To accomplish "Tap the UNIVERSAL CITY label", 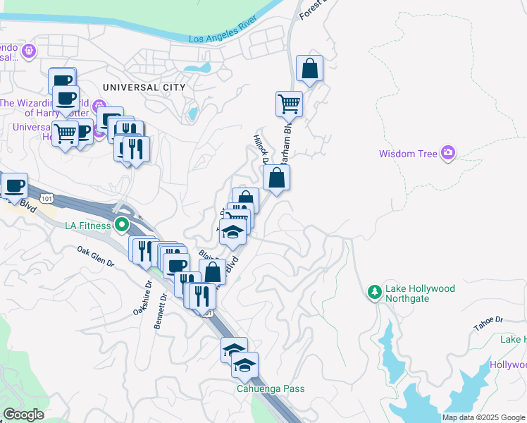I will click(144, 87).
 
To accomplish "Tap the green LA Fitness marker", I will click(122, 226).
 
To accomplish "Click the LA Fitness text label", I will click(87, 226).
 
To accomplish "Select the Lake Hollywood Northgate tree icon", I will click(375, 290).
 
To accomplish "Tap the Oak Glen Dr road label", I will click(95, 257).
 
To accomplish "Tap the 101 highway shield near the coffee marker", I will click(46, 199).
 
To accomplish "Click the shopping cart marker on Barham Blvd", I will click(289, 104).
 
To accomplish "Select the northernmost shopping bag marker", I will click(309, 69).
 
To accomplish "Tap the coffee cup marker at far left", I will click(14, 186).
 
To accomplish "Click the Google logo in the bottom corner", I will click(23, 415).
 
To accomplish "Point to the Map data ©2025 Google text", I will click(483, 417).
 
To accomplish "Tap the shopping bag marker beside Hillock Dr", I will click(277, 178).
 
